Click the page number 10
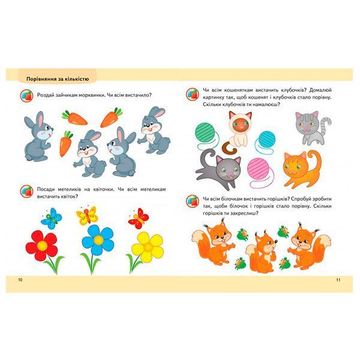20,280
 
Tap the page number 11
338,280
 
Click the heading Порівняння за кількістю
58,79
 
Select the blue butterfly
52,218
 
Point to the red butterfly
139,218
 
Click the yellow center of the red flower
42,246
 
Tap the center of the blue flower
98,240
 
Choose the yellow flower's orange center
148,247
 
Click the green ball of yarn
205,133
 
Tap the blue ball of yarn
266,140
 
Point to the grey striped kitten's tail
326,124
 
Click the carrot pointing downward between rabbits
66,143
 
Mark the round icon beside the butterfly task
26,191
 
